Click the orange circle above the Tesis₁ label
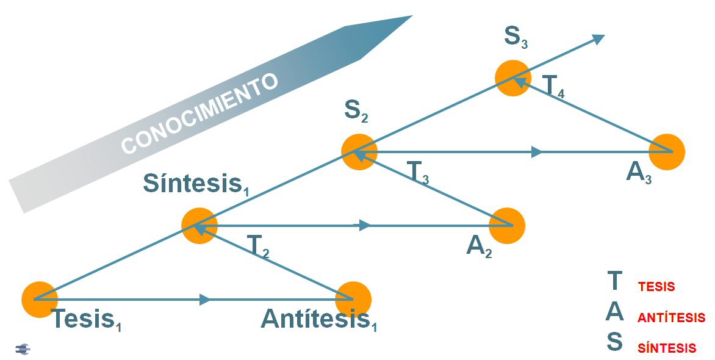coord(40,299)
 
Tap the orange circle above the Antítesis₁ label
coord(353,299)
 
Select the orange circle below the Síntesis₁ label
coord(199,226)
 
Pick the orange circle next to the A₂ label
coord(507,226)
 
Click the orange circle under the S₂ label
coord(359,151)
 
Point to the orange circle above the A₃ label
coord(667,151)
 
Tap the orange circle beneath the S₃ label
coord(513,77)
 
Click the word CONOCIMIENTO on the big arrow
coord(199,114)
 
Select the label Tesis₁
coord(86,319)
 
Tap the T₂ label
coord(258,245)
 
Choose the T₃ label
coord(417,173)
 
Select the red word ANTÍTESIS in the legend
coord(671,318)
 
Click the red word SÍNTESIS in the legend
coord(667,348)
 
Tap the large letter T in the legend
coord(614,281)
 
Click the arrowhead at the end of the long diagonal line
coord(598,38)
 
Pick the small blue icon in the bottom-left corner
coord(23,349)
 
